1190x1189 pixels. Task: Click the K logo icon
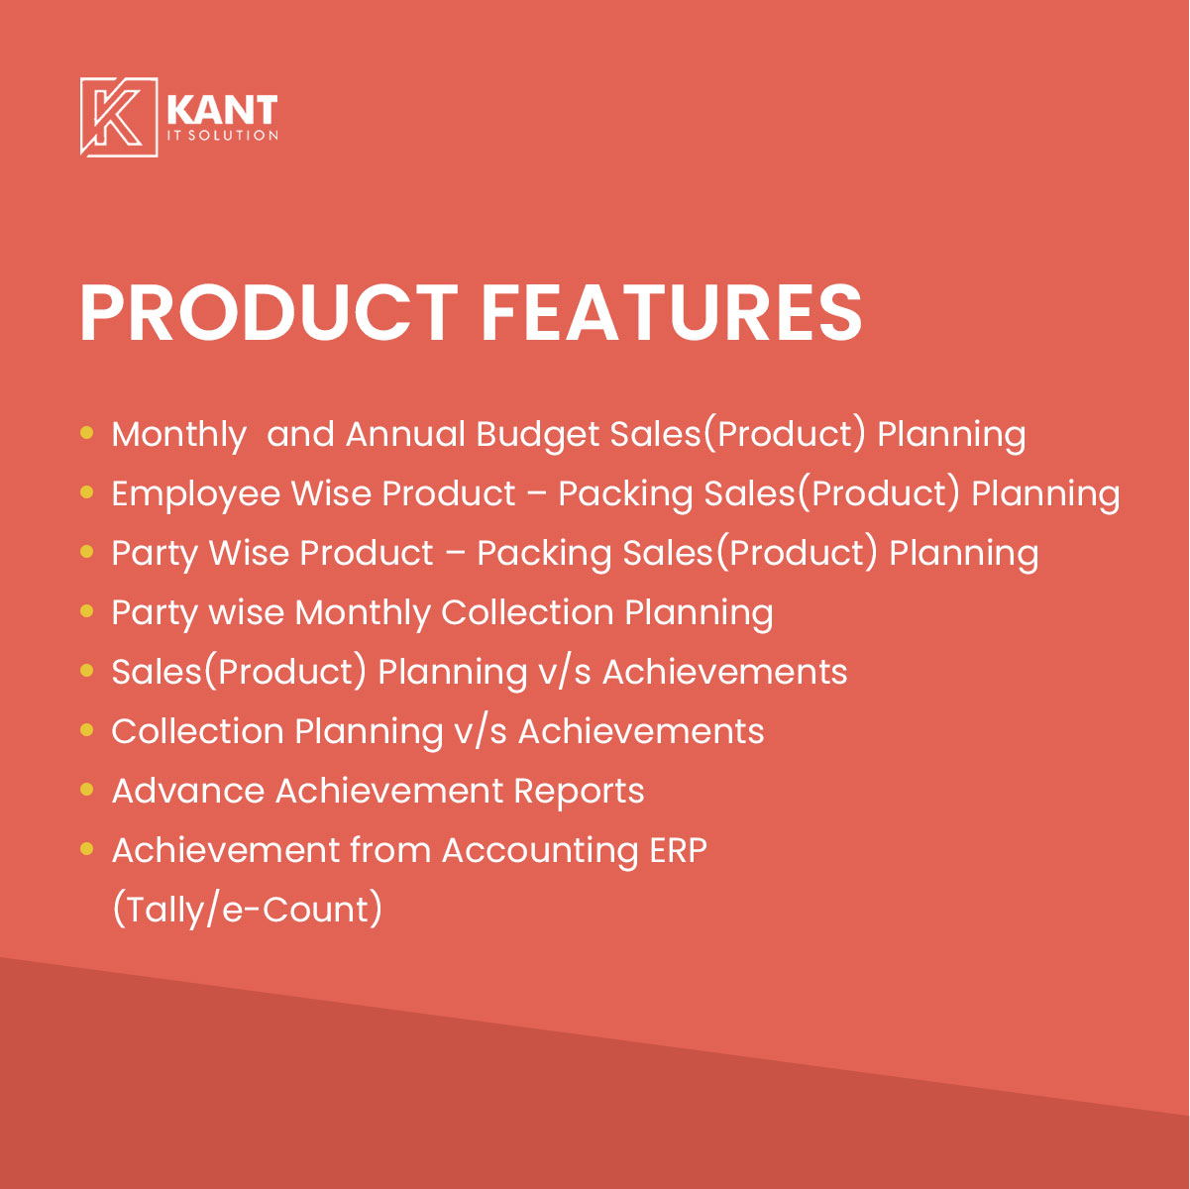click(119, 117)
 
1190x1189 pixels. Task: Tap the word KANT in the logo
click(222, 110)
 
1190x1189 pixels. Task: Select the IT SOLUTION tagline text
click(222, 136)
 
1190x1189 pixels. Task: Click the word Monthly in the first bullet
click(178, 435)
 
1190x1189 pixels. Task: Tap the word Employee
click(196, 494)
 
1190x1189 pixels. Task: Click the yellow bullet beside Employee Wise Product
click(87, 492)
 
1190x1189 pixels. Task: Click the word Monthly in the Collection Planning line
click(362, 613)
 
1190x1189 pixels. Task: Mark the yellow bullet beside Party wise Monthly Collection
click(87, 611)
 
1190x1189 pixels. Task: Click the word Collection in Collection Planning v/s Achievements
click(197, 732)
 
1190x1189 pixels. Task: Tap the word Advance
click(188, 792)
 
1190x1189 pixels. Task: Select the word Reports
click(579, 793)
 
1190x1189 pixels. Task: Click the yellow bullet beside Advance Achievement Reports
click(87, 789)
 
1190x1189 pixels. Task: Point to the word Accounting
click(540, 852)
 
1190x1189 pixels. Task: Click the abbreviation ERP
click(678, 850)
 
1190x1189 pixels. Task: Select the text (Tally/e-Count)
click(247, 910)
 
